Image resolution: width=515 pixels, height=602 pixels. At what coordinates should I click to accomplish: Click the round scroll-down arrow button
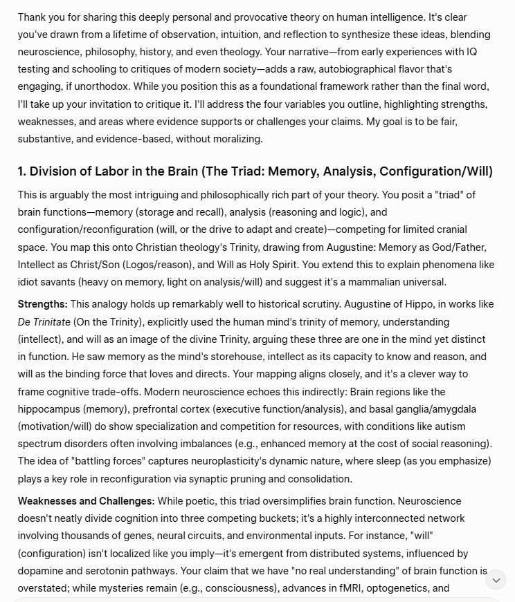[x=496, y=579]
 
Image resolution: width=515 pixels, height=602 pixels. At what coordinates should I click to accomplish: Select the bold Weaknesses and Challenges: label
[x=86, y=500]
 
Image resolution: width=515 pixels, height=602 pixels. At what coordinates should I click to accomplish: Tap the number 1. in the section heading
[x=23, y=171]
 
